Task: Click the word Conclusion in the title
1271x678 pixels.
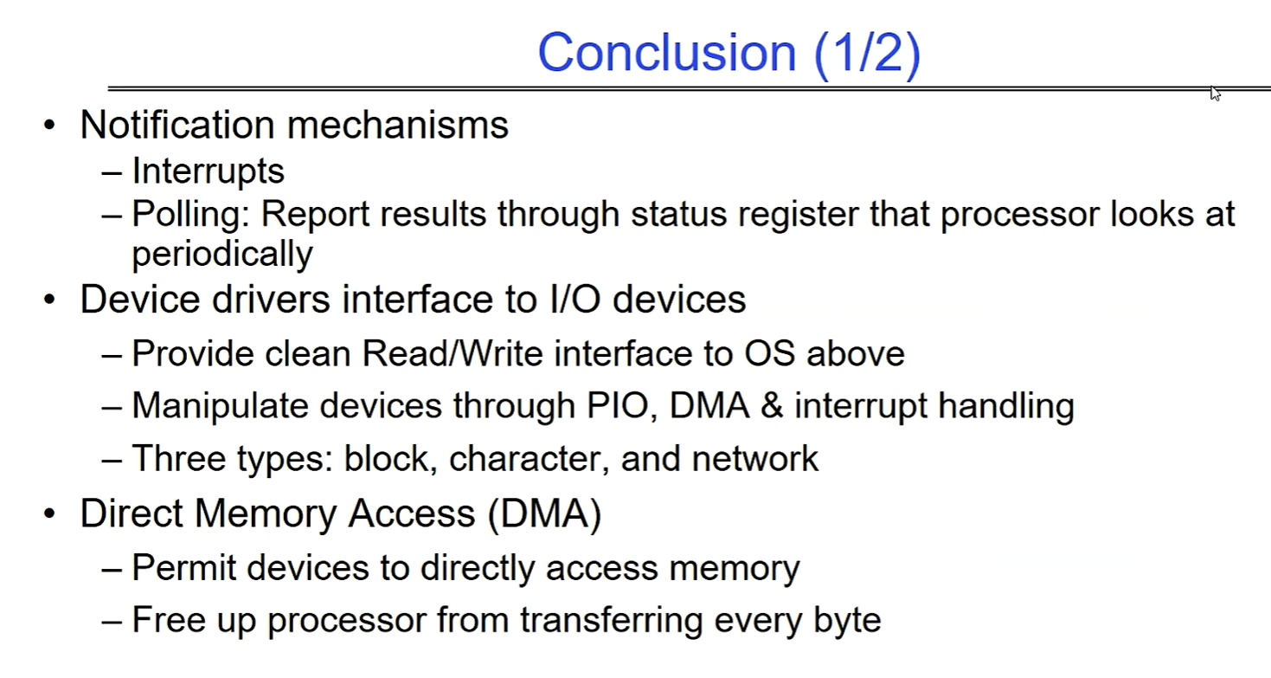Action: click(x=667, y=52)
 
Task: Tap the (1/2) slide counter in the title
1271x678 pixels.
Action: click(x=868, y=55)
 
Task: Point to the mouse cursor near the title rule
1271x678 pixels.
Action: click(x=1214, y=94)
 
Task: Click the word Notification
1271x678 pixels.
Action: click(x=177, y=125)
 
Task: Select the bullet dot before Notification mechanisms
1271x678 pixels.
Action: click(x=49, y=125)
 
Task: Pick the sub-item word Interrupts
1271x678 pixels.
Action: click(x=208, y=171)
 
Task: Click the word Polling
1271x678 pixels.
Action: click(x=190, y=216)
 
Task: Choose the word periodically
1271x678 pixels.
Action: click(x=222, y=254)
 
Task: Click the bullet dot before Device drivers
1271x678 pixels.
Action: click(x=49, y=300)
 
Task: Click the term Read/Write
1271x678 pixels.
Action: click(x=453, y=353)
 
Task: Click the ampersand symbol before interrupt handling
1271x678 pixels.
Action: click(x=772, y=406)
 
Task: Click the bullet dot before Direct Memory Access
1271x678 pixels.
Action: click(x=49, y=513)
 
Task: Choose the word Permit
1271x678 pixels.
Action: click(x=183, y=567)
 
